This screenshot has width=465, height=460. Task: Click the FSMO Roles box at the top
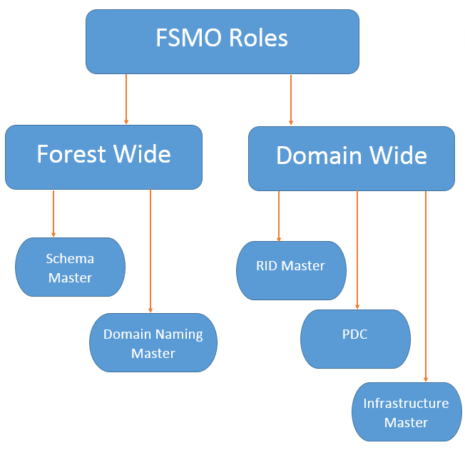click(x=222, y=41)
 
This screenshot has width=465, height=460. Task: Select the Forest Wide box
click(x=103, y=157)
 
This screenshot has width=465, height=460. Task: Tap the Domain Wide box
click(x=351, y=158)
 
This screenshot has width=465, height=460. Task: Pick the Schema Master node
click(x=70, y=267)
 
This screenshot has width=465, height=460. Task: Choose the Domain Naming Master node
click(x=153, y=343)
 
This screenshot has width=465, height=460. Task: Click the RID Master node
click(x=291, y=270)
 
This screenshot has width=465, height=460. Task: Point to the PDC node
click(x=354, y=338)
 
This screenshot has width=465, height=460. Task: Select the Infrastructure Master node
click(x=406, y=413)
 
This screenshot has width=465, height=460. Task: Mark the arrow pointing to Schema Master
click(x=53, y=213)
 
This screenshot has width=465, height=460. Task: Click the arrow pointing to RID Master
click(x=279, y=216)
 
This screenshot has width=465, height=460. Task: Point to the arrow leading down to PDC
click(x=357, y=250)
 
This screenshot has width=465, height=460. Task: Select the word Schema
click(x=70, y=258)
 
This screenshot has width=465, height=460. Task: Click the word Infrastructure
click(x=406, y=403)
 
